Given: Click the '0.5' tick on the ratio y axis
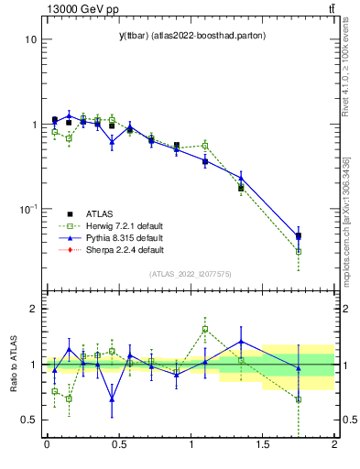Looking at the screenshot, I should (x=26, y=420).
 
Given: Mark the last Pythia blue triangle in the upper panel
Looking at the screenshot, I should (x=299, y=235).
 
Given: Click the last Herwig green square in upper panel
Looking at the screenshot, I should (x=299, y=251).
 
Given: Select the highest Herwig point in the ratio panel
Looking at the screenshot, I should (x=205, y=329).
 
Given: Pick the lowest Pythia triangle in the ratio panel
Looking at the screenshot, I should (x=112, y=399).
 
